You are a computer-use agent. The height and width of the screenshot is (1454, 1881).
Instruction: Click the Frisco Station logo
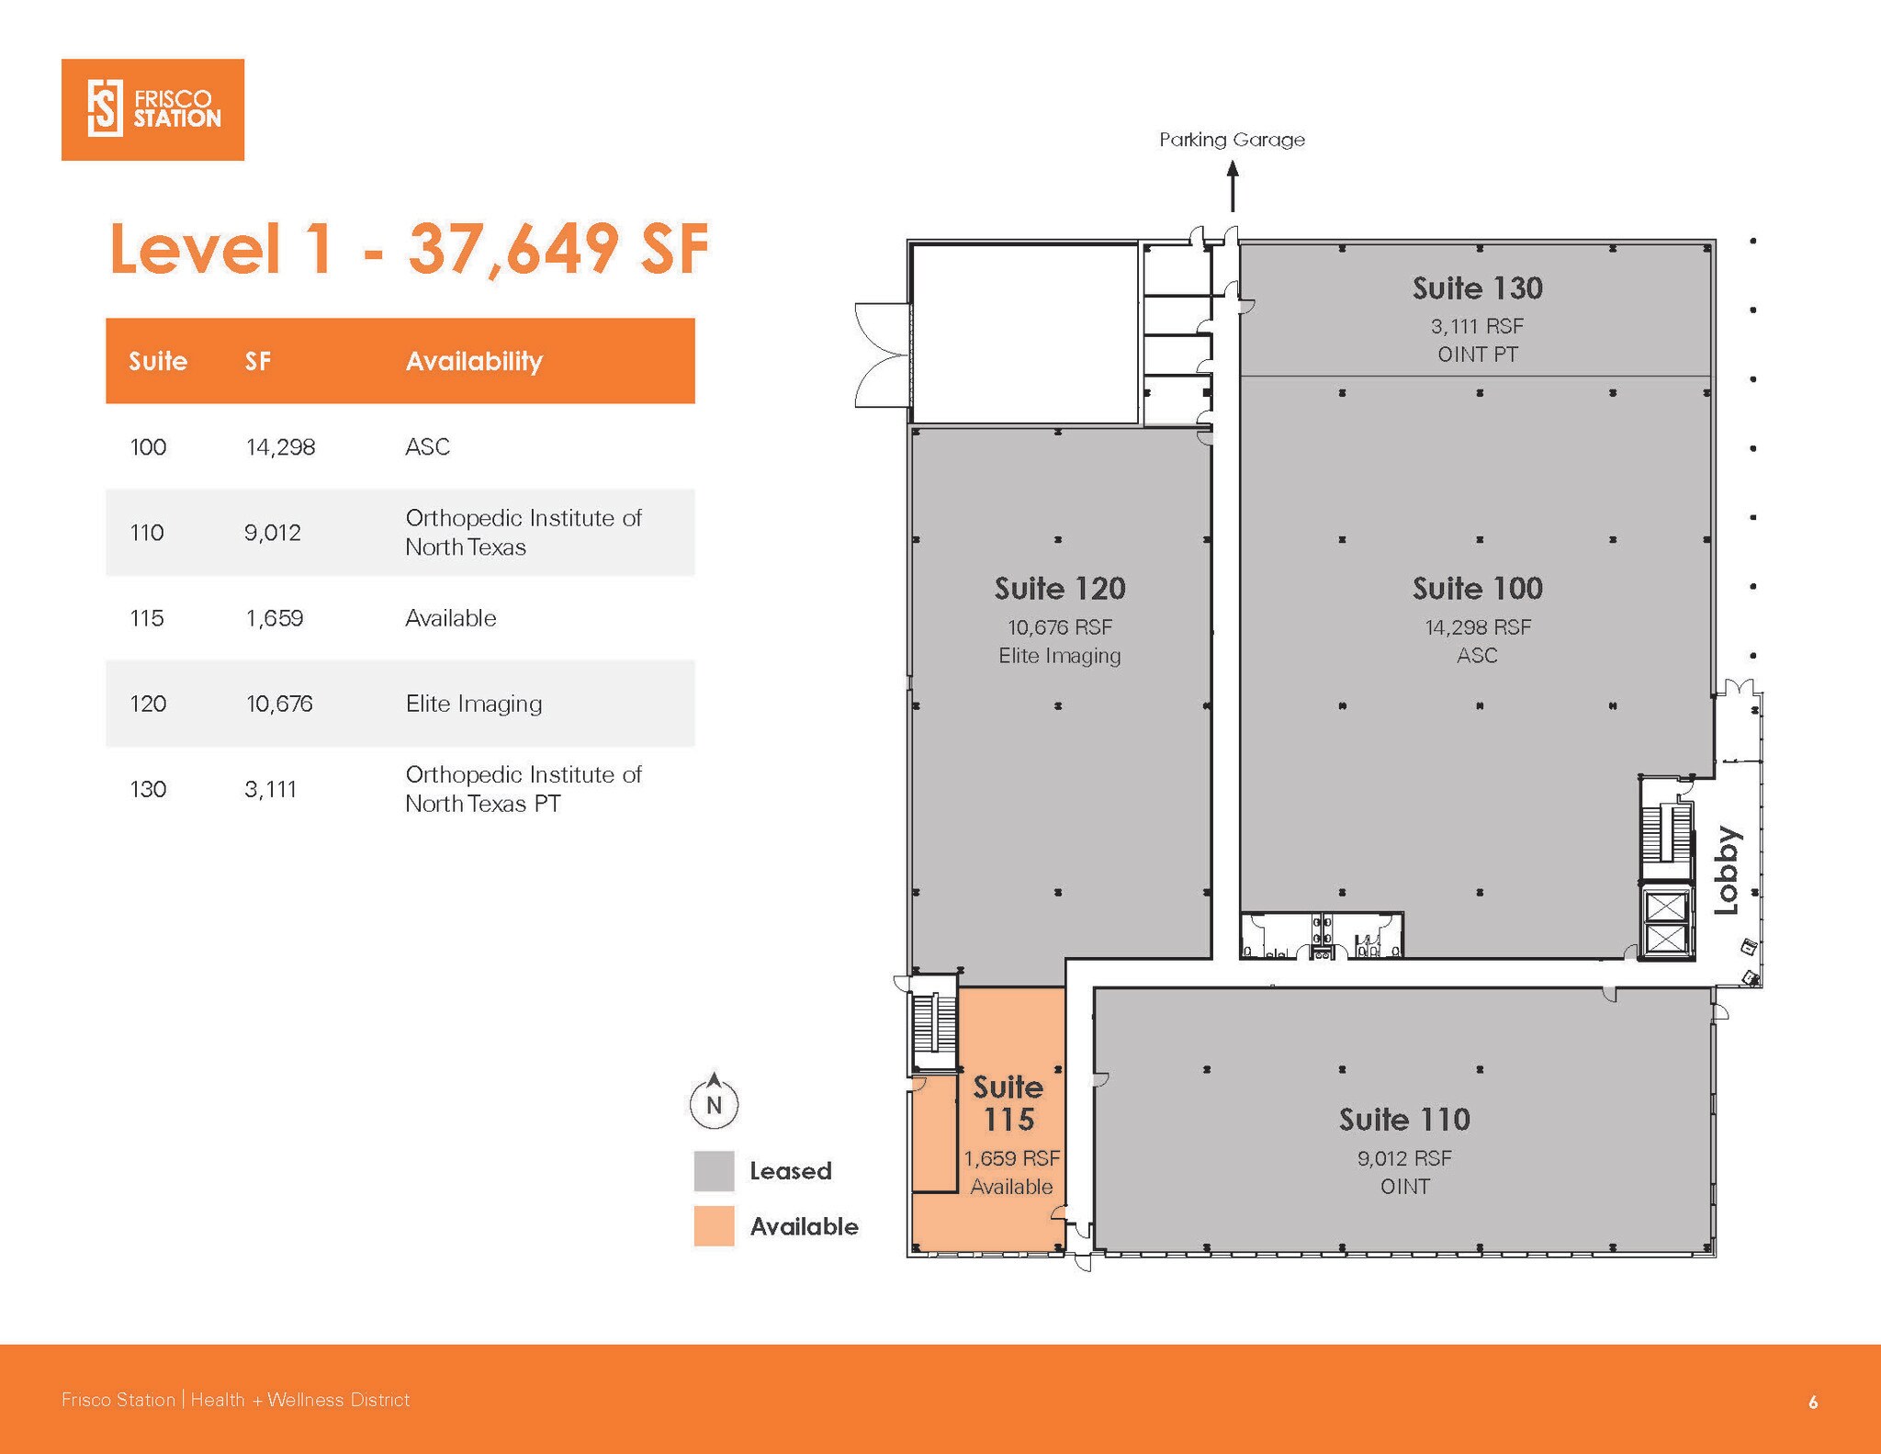[152, 109]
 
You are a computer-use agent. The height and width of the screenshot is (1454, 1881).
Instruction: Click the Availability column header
[474, 361]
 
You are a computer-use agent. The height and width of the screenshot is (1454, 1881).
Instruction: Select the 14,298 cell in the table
[280, 447]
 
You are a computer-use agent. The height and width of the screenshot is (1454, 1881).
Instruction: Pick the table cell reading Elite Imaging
[474, 704]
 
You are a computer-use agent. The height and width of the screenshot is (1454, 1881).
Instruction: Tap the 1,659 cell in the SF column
[274, 618]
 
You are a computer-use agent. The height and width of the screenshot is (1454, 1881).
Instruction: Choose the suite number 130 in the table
[148, 789]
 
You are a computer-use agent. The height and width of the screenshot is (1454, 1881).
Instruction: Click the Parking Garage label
[1232, 140]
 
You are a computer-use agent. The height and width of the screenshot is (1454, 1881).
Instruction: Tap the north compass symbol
[714, 1102]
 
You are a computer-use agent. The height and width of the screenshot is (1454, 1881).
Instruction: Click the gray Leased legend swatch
[714, 1171]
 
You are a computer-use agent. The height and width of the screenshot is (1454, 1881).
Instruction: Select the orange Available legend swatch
[714, 1226]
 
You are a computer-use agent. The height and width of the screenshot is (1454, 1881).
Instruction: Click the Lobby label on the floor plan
[1727, 870]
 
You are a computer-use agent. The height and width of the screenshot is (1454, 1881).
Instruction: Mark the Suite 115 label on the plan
[1008, 1103]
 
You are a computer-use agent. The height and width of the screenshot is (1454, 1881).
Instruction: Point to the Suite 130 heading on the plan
[1477, 288]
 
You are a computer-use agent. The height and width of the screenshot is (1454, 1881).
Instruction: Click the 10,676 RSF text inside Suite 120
[1060, 627]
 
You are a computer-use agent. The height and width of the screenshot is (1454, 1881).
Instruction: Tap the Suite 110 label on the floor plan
[1404, 1120]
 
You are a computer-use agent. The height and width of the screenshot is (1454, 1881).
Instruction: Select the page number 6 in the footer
[1812, 1402]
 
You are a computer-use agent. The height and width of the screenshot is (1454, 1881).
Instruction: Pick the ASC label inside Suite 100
[1477, 656]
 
